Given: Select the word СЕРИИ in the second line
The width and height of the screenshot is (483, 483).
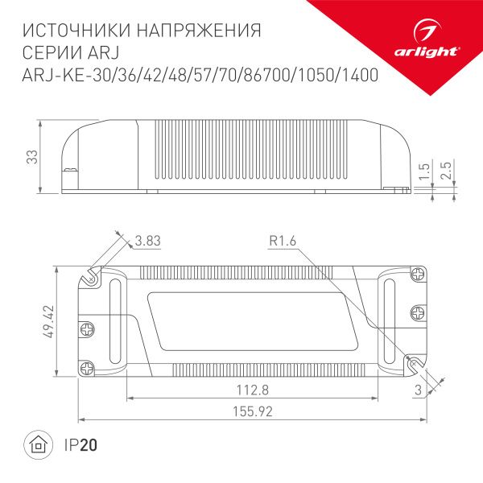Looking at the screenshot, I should (x=47, y=53).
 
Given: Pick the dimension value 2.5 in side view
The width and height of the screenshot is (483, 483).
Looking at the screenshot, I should (x=456, y=170).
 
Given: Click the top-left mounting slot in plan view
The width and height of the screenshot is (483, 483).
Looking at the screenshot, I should (x=91, y=276).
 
